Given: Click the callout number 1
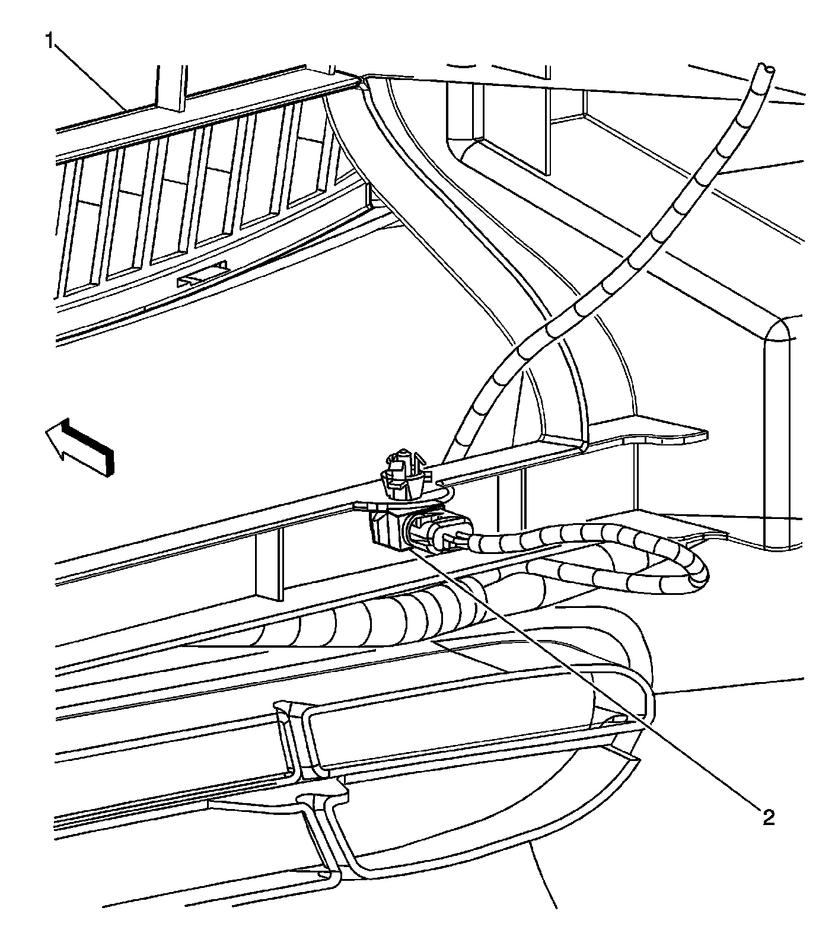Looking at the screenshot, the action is click(x=50, y=42).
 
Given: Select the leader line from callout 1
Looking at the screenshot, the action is click(x=95, y=77).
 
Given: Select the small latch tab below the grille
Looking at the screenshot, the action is click(x=205, y=274).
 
